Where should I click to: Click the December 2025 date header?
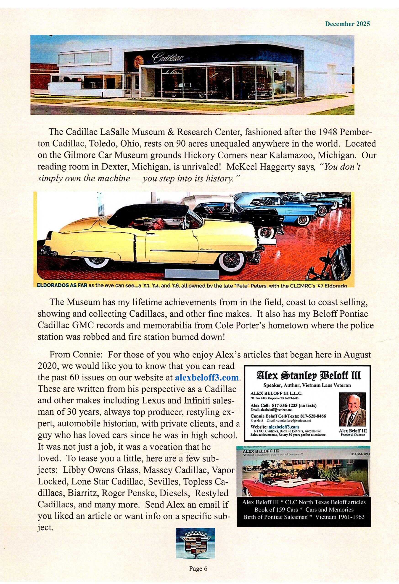click(347, 24)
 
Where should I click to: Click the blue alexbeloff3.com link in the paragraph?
click(206, 378)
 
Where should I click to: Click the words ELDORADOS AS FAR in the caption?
click(62, 286)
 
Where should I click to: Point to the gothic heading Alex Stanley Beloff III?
click(308, 376)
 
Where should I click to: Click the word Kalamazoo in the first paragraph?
click(291, 156)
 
